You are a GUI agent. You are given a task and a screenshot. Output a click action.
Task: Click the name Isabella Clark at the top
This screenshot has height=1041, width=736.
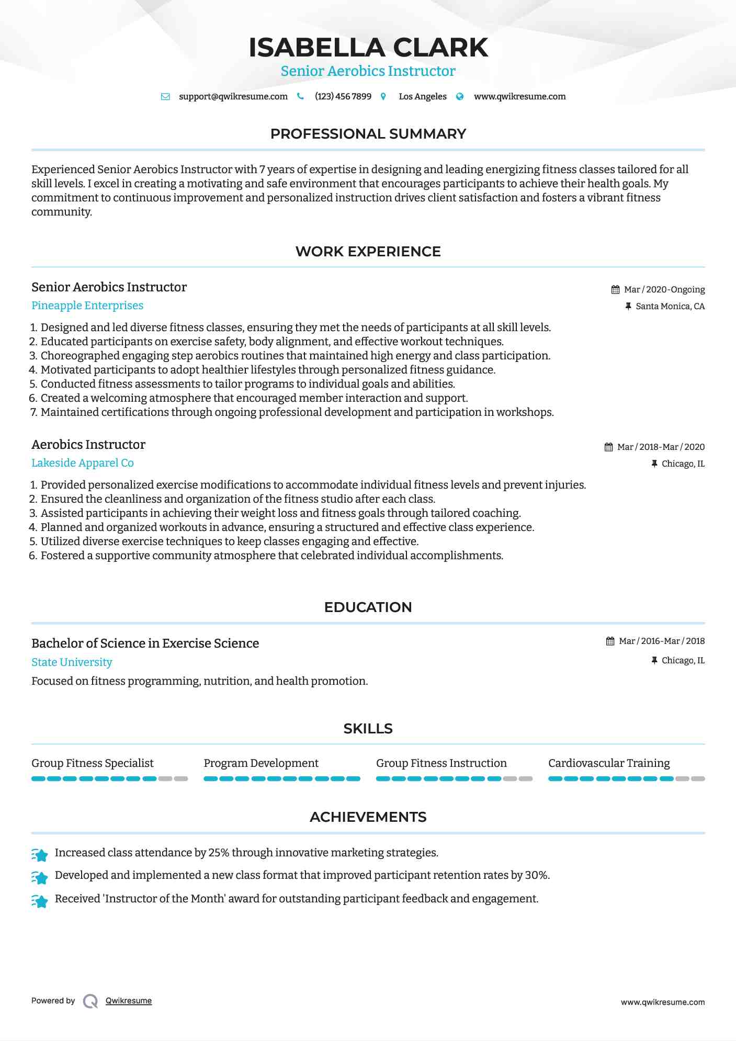pyautogui.click(x=368, y=48)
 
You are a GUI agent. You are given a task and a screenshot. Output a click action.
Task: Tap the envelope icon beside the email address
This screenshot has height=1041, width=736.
pyautogui.click(x=165, y=97)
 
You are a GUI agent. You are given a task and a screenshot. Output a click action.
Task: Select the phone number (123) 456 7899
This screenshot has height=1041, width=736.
pyautogui.click(x=343, y=97)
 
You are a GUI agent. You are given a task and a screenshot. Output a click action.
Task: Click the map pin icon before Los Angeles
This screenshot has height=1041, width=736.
pyautogui.click(x=383, y=97)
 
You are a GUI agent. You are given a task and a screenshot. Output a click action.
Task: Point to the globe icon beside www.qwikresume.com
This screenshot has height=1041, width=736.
pyautogui.click(x=460, y=97)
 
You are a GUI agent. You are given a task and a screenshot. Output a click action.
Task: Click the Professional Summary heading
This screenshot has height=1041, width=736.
pyautogui.click(x=368, y=134)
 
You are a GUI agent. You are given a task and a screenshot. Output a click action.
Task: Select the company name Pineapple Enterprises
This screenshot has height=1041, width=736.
pyautogui.click(x=87, y=305)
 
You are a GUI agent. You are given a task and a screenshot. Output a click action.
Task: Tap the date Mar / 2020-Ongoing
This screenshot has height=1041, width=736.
pyautogui.click(x=664, y=290)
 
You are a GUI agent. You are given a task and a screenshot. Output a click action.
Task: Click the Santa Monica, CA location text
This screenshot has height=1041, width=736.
pyautogui.click(x=670, y=307)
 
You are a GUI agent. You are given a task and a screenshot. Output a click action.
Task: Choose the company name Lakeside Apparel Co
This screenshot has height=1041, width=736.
pyautogui.click(x=83, y=463)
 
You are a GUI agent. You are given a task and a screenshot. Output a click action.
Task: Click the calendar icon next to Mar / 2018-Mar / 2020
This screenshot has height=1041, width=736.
pyautogui.click(x=608, y=447)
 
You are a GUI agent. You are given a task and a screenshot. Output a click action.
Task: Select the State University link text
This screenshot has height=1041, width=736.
pyautogui.click(x=72, y=662)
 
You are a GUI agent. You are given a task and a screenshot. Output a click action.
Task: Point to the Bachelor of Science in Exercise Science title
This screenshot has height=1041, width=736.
pyautogui.click(x=145, y=643)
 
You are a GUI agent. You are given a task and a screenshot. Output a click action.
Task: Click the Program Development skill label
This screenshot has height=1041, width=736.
pyautogui.click(x=261, y=763)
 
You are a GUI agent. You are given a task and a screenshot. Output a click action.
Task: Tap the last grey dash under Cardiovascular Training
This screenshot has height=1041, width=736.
pyautogui.click(x=698, y=779)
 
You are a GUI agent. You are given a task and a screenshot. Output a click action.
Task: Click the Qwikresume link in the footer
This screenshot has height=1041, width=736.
pyautogui.click(x=129, y=1001)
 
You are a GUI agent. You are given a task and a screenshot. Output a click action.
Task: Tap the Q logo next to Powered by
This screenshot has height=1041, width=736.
pyautogui.click(x=90, y=1001)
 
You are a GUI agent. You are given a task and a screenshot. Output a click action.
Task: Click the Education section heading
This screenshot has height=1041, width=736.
pyautogui.click(x=368, y=607)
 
